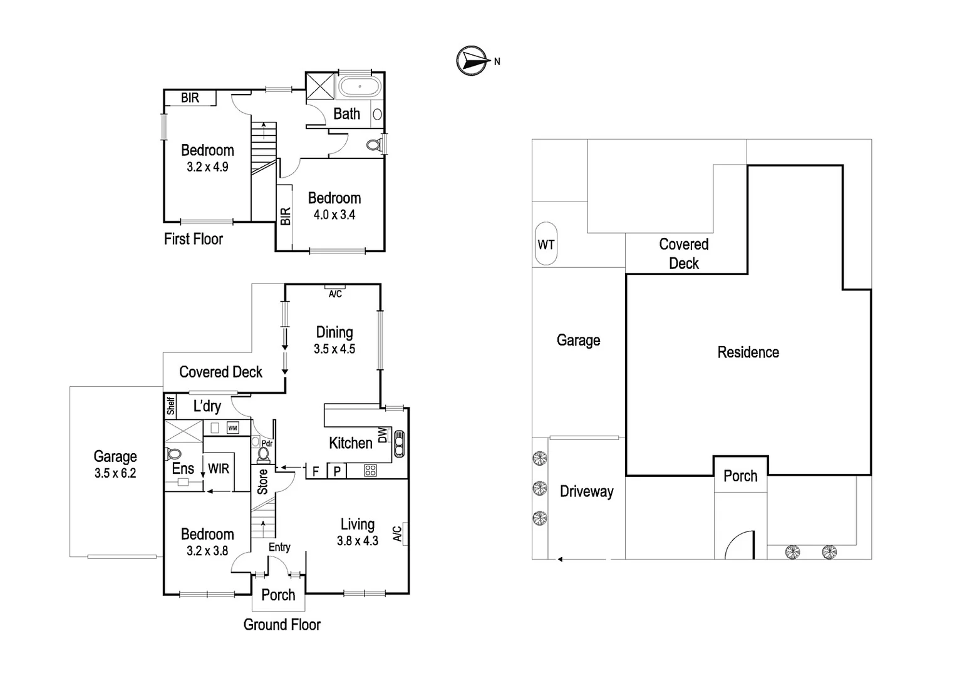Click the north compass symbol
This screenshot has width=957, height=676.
pyautogui.click(x=472, y=61)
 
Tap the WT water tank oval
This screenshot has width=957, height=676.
pyautogui.click(x=546, y=244)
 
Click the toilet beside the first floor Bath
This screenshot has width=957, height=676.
pyautogui.click(x=374, y=145)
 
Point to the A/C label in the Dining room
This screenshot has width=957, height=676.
pyautogui.click(x=335, y=294)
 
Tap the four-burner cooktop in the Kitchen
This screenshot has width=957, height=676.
pyautogui.click(x=370, y=471)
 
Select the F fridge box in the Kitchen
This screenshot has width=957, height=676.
pyautogui.click(x=316, y=471)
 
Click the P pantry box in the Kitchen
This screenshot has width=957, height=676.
pyautogui.click(x=337, y=471)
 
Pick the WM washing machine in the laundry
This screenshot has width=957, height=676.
pyautogui.click(x=232, y=428)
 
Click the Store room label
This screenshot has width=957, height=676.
pyautogui.click(x=263, y=481)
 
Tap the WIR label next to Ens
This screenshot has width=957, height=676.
pyautogui.click(x=219, y=469)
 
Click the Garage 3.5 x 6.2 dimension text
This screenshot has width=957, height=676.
pyautogui.click(x=115, y=473)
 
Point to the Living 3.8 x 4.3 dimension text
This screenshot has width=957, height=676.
pyautogui.click(x=358, y=541)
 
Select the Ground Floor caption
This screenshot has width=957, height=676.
pyautogui.click(x=282, y=625)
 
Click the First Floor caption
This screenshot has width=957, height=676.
pyautogui.click(x=194, y=239)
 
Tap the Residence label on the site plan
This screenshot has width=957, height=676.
pyautogui.click(x=748, y=352)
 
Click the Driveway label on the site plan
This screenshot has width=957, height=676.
pyautogui.click(x=586, y=491)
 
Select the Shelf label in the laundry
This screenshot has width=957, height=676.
pyautogui.click(x=170, y=406)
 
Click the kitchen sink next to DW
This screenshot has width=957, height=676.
pyautogui.click(x=399, y=444)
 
